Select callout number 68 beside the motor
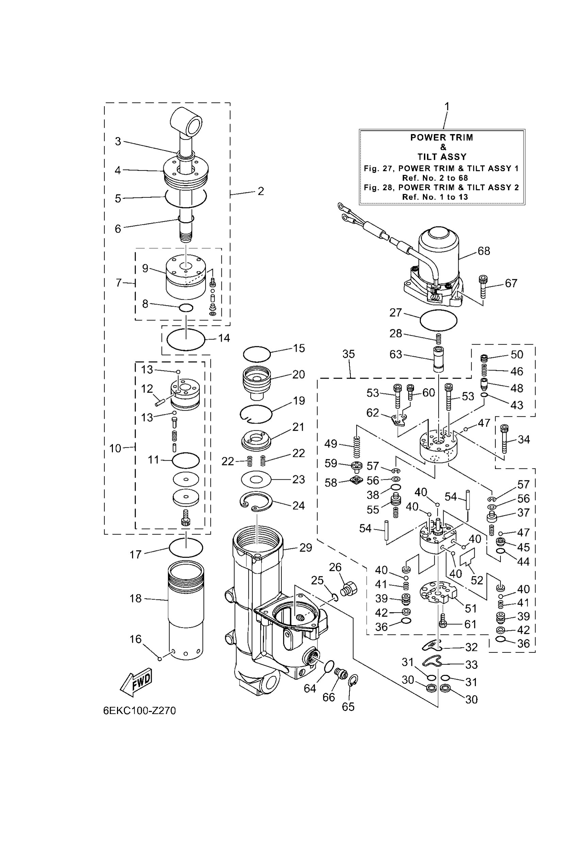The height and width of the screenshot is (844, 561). coord(484,251)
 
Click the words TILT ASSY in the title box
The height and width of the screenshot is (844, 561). coord(442,157)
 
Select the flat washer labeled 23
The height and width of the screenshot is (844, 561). coord(256,479)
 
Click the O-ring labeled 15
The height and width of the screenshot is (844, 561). coord(257,354)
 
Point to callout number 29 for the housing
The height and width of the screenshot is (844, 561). coord(306,548)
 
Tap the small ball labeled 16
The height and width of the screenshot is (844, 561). coord(160,659)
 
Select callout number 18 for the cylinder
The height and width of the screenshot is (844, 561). coord(136,598)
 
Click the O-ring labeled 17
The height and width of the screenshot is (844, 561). coord(186,547)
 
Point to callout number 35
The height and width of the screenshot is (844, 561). coord(348,354)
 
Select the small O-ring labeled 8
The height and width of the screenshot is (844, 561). coord(186,307)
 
